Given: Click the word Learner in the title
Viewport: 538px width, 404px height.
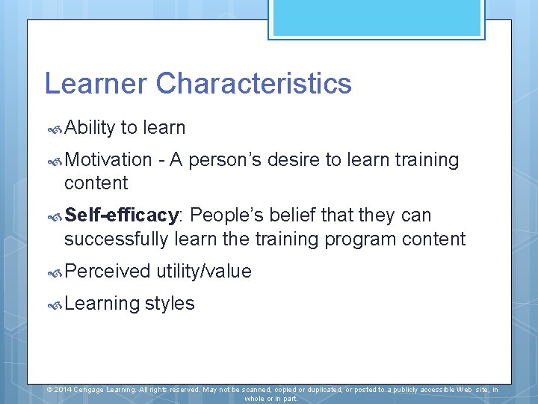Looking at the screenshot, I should coord(96,83).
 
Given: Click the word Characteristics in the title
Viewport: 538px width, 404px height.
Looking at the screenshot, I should coord(253,83).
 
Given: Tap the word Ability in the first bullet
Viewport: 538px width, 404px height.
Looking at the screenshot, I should coord(90,128).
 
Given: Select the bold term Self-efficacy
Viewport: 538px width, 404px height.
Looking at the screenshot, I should coord(123,215).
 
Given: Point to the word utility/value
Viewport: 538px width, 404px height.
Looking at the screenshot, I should coord(203,271).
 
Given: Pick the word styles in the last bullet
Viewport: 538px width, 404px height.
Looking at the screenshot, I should coord(170,303).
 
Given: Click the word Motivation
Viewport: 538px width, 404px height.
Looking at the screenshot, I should coord(108,159).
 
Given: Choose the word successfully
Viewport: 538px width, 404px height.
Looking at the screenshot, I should coord(116,239).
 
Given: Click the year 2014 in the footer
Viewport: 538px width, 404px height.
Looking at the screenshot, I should coord(63,390).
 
